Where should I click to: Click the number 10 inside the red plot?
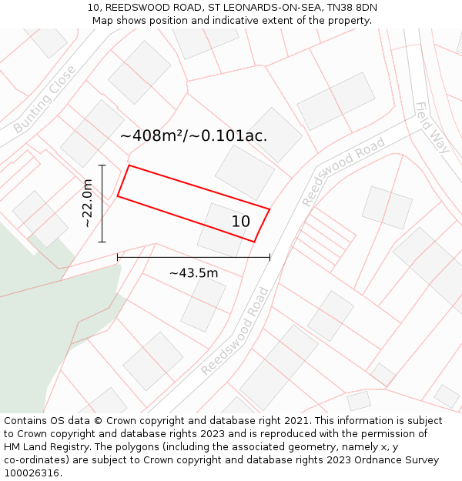tap(241, 222)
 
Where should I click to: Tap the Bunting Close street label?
tap(45, 99)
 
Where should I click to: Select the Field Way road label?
tap(432, 127)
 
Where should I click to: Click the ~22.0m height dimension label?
tap(88, 203)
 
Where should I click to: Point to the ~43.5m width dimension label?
tap(193, 272)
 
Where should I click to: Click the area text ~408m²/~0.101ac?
tap(193, 136)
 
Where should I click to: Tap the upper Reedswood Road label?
tap(343, 172)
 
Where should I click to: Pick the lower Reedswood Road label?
tap(236, 331)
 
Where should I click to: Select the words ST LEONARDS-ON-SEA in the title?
tap(258, 8)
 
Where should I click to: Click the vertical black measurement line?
tap(102, 203)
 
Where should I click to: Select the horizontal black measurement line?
tap(193, 257)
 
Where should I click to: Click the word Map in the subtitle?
tap(103, 21)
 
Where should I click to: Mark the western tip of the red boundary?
tap(118, 196)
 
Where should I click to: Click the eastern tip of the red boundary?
tap(269, 209)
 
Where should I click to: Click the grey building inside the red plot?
tap(219, 228)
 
